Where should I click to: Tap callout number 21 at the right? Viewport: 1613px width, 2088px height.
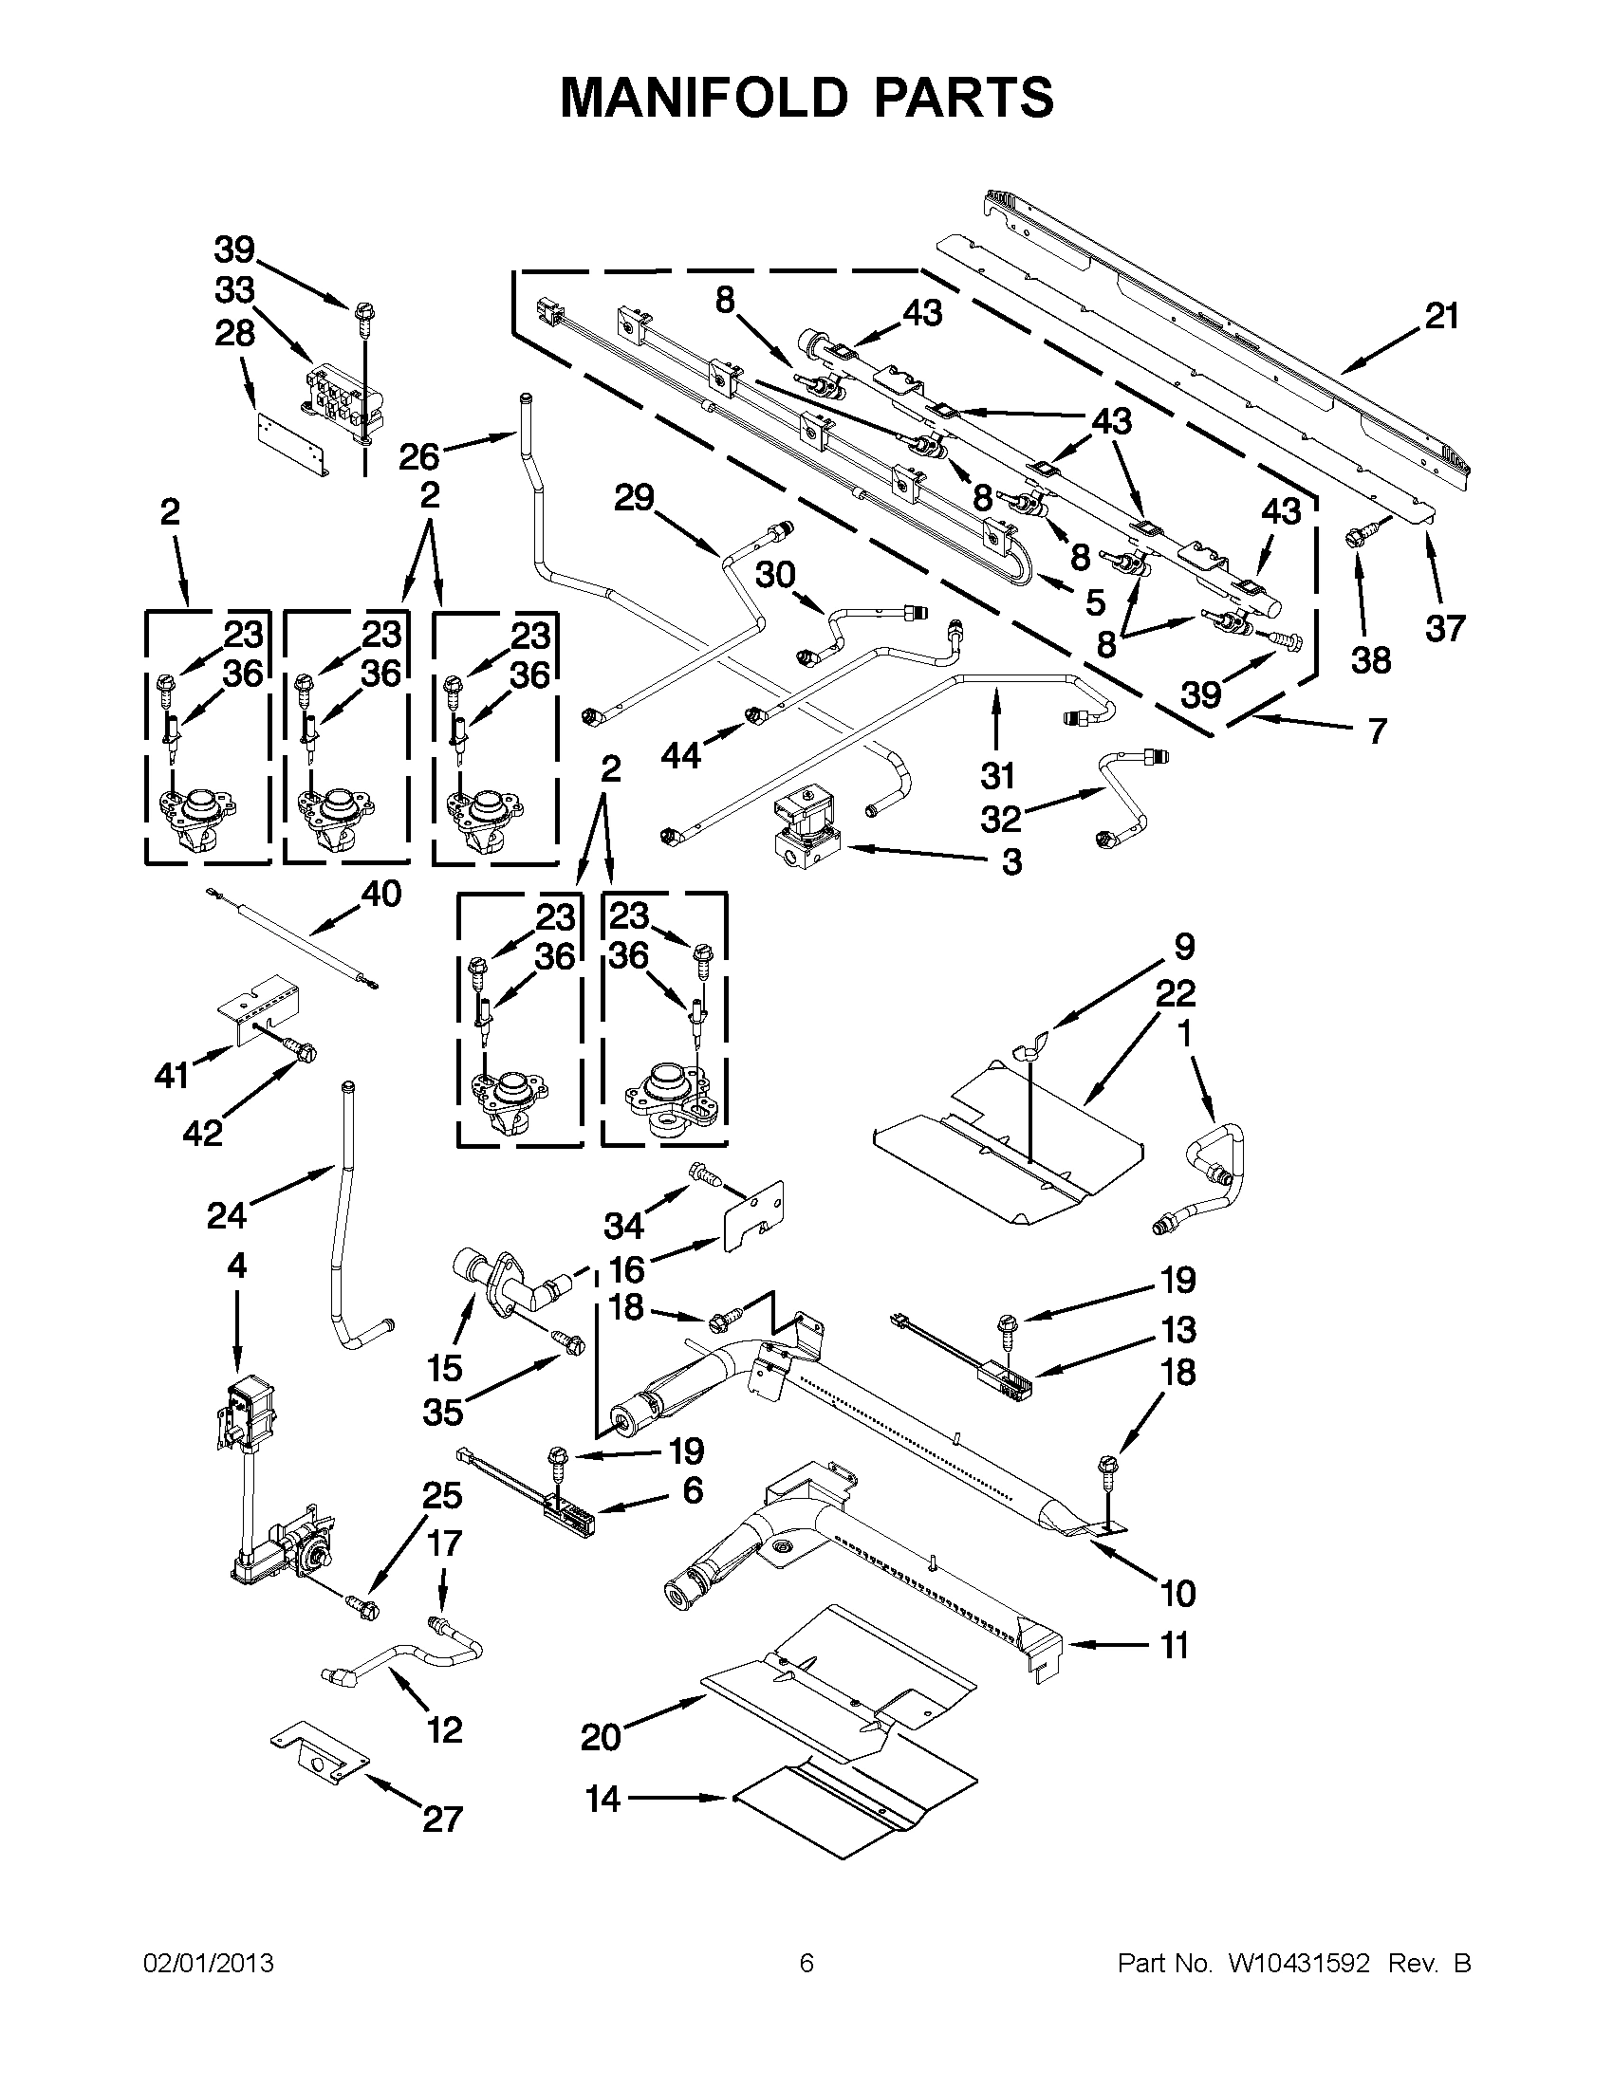[x=1441, y=317]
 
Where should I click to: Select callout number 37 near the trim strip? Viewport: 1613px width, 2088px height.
[x=1444, y=628]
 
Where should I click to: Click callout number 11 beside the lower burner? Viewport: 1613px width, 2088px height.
[x=1173, y=1645]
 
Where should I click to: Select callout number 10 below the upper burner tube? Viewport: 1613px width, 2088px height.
[x=1177, y=1593]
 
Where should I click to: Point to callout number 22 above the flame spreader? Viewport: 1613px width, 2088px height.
[x=1175, y=993]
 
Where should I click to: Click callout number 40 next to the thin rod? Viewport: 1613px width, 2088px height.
[x=380, y=894]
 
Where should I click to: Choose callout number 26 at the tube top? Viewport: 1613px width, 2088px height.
[x=417, y=456]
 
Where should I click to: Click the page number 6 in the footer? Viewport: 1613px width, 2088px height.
[x=806, y=1964]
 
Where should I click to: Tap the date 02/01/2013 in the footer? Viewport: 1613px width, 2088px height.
[x=209, y=1964]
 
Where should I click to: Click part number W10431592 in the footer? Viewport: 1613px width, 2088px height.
[x=1298, y=1964]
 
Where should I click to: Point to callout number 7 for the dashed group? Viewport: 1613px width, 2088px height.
[x=1376, y=731]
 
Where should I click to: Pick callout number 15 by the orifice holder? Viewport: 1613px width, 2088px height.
[x=445, y=1368]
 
